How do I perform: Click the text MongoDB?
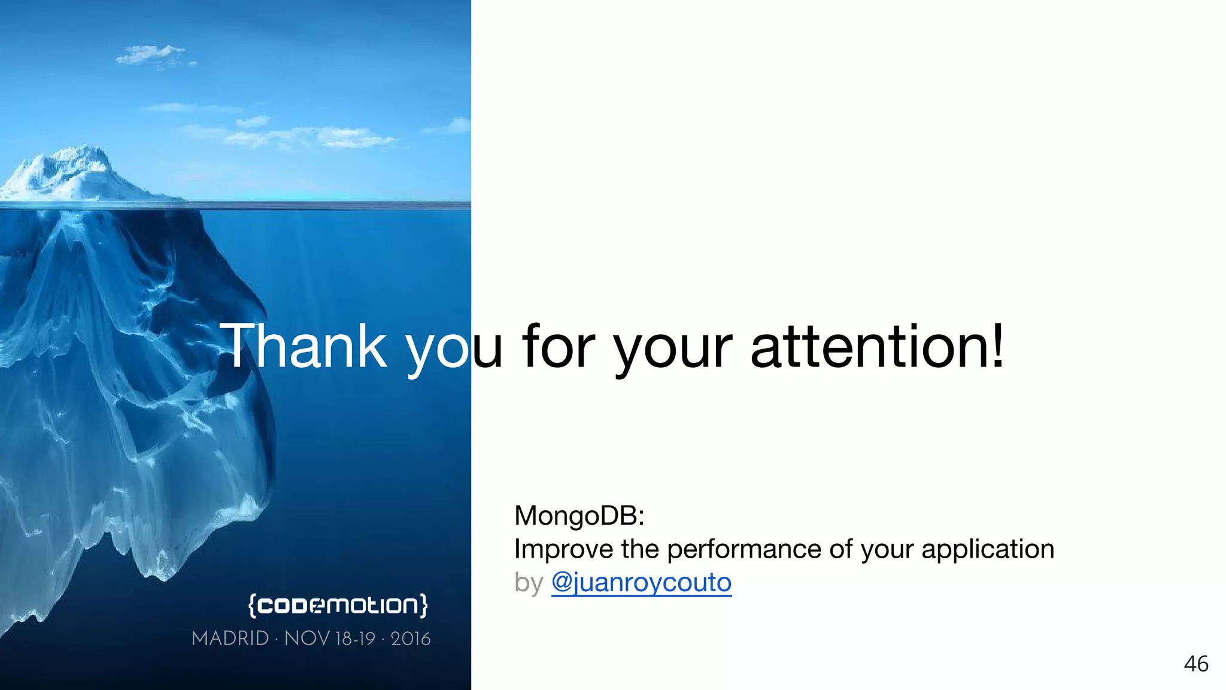(x=579, y=516)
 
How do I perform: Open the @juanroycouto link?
(x=641, y=583)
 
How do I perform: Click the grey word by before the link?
(x=529, y=583)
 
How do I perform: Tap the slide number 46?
(x=1196, y=664)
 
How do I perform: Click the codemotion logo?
(x=338, y=605)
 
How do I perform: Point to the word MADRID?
(x=230, y=638)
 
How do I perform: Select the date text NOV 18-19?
(x=329, y=638)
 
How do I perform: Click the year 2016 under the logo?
(x=411, y=638)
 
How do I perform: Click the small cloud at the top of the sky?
(x=153, y=55)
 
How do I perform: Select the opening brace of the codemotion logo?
(x=253, y=606)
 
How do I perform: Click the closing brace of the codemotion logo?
(x=424, y=606)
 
